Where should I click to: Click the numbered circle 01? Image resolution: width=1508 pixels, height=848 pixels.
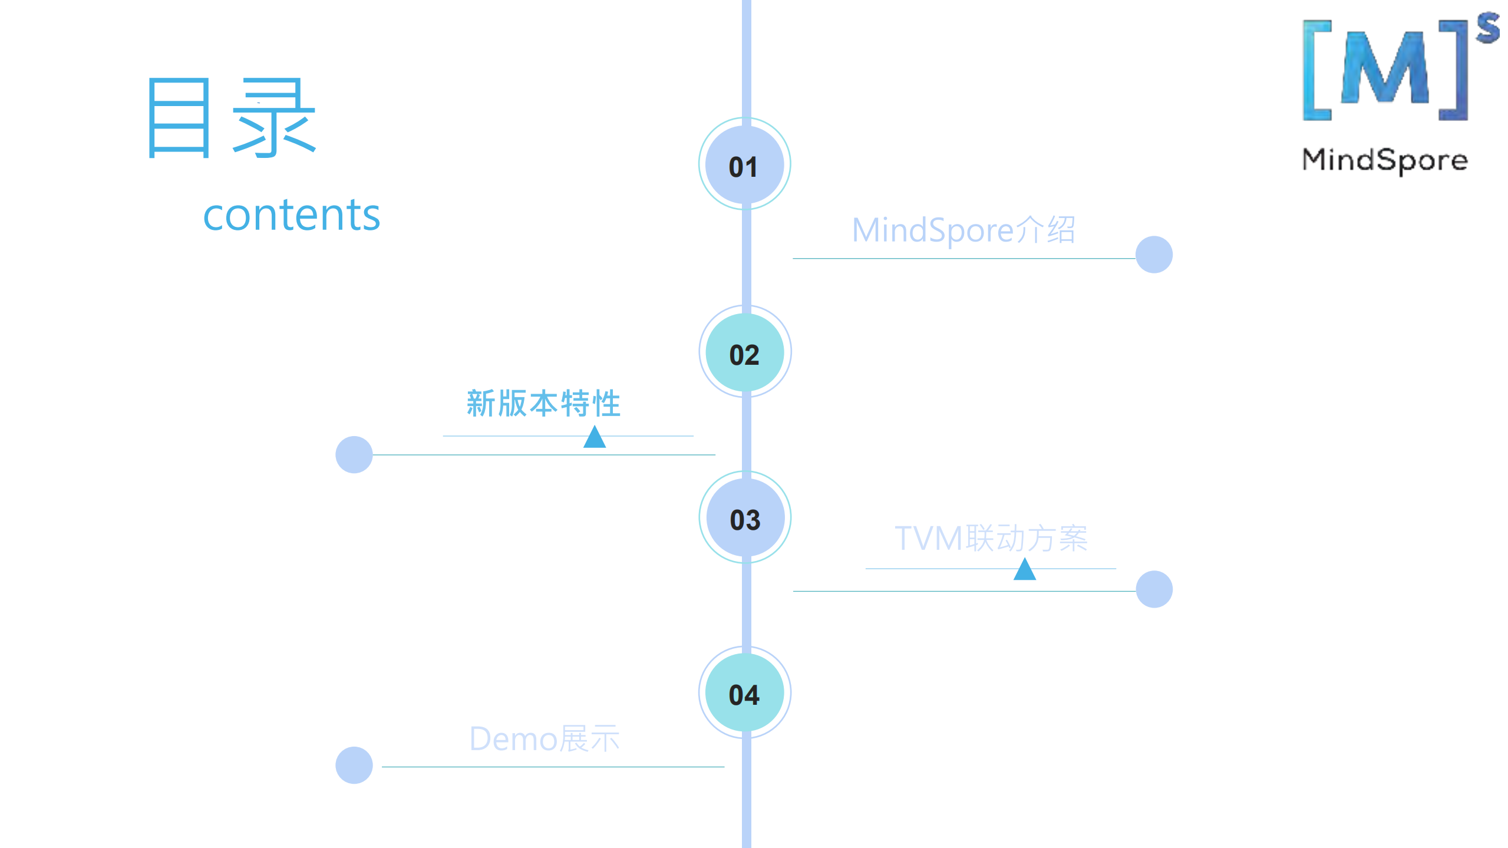click(744, 164)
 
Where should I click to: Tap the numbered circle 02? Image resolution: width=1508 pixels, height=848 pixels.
click(745, 352)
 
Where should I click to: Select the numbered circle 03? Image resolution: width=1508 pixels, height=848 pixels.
click(745, 517)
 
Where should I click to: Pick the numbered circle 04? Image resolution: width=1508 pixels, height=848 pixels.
click(745, 693)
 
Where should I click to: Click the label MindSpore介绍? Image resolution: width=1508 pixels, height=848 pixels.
click(963, 230)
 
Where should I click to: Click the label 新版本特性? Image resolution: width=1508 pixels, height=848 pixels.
click(543, 404)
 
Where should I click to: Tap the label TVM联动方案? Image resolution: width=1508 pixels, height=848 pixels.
click(991, 538)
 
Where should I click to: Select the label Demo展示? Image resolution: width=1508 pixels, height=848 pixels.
click(544, 739)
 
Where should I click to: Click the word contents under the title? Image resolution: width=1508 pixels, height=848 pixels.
click(291, 215)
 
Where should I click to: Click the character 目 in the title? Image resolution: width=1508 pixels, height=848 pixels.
click(179, 118)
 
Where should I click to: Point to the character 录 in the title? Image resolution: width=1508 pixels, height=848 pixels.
click(274, 118)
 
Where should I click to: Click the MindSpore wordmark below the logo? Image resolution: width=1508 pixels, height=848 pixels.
click(1384, 160)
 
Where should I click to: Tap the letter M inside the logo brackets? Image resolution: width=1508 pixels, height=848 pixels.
click(1384, 68)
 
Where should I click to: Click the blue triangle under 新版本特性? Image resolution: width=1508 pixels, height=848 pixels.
click(595, 438)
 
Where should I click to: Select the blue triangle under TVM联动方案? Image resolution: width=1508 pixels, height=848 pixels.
click(1024, 570)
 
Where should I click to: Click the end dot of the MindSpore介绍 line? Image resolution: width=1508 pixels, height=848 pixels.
click(1153, 255)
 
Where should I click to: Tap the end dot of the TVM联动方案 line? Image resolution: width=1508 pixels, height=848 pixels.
click(1153, 589)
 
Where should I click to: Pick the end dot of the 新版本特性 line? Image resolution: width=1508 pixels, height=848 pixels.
click(354, 454)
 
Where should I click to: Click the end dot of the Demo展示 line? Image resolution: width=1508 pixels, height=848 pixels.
click(354, 765)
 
